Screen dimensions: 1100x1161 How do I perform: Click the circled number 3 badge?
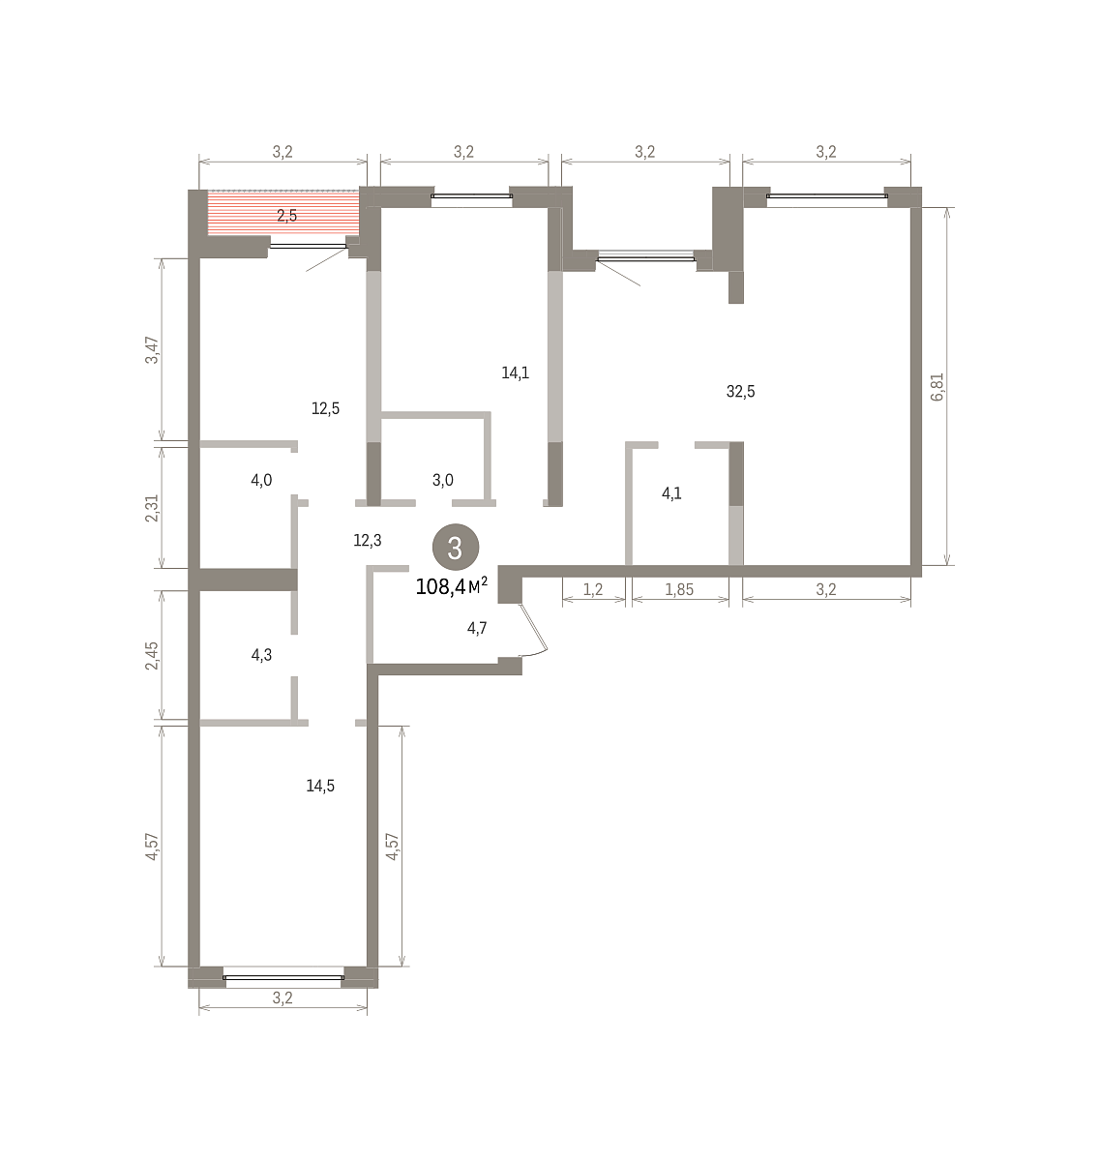coord(455,547)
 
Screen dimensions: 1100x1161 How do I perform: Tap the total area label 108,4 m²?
coord(452,586)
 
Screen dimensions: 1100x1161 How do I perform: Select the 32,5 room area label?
coord(740,392)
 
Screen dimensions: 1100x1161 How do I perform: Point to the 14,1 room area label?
coord(515,372)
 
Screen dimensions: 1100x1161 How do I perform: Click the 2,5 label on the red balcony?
coord(286,216)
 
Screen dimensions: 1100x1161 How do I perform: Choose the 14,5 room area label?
coord(320,786)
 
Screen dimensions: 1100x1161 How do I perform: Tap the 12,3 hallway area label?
coord(367,540)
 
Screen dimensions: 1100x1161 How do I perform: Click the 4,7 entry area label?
coord(477,628)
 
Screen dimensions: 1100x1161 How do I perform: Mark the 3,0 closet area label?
coord(442,480)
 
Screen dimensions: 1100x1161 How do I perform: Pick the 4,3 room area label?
coord(261,655)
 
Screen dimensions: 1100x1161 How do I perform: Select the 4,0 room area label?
coord(261,480)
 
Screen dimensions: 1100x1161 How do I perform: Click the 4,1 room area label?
coord(671,493)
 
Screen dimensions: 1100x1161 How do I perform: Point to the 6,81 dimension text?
coord(937,387)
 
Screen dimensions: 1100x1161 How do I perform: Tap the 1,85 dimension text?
coord(679,589)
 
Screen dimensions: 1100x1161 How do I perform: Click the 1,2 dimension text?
coord(592,589)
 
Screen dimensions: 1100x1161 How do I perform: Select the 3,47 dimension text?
coord(153,349)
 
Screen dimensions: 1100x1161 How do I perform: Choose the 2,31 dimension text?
coord(153,508)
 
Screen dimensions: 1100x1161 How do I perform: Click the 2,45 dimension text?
coord(153,656)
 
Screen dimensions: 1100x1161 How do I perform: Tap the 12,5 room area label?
coord(325,408)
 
